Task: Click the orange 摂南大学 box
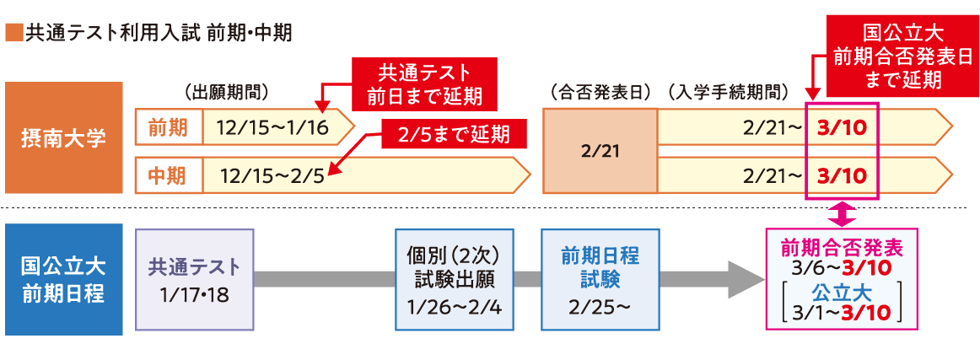tap(64, 138)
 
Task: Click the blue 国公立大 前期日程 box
tap(64, 279)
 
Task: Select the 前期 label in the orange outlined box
tap(168, 127)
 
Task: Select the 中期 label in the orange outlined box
tap(168, 175)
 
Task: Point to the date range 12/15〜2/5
tap(271, 175)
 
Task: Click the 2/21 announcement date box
tap(600, 152)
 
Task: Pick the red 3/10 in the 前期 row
tap(842, 128)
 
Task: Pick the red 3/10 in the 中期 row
tap(842, 175)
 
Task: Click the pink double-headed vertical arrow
tap(842, 214)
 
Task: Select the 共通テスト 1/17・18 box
tap(194, 279)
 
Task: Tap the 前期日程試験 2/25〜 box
tap(600, 279)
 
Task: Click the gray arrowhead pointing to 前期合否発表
tap(744, 279)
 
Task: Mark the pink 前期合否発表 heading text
tap(842, 248)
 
